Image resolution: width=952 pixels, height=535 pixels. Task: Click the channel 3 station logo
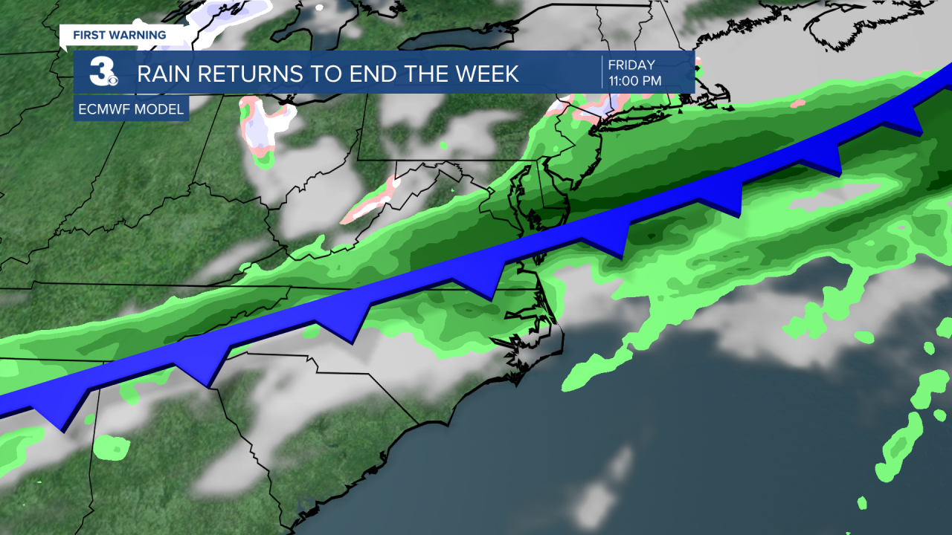point(103,72)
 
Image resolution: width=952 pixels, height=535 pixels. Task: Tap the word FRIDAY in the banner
point(631,65)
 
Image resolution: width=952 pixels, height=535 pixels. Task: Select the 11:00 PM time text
point(634,81)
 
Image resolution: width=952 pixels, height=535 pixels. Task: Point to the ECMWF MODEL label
point(131,109)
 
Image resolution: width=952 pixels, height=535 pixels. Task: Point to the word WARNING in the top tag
point(140,35)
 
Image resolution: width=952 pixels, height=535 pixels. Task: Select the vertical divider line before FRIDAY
point(602,72)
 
